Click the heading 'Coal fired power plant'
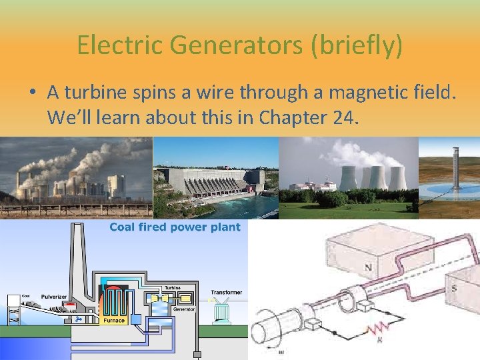pos(175,227)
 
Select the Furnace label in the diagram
pos(113,320)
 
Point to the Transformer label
pos(227,292)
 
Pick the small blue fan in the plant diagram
pos(79,319)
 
